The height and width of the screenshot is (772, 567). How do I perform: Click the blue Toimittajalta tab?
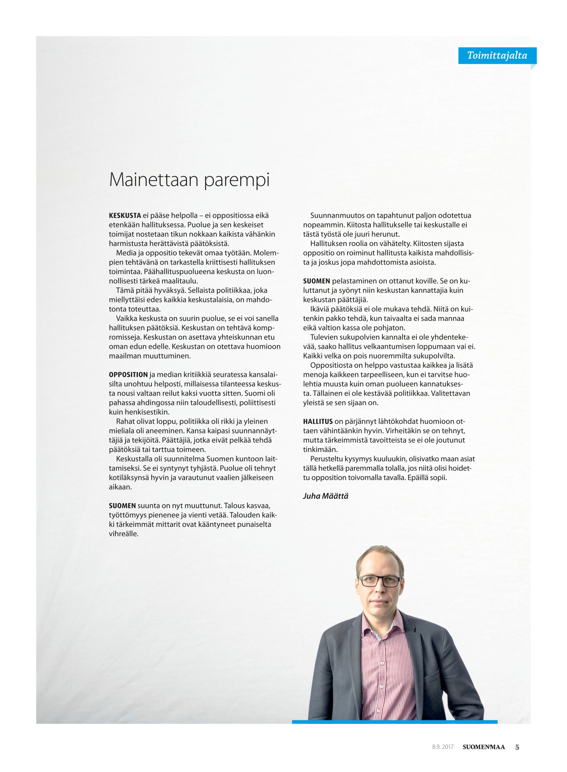point(497,55)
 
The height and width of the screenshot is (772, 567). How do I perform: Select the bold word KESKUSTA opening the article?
point(125,216)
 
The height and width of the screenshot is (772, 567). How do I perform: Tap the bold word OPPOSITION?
point(128,375)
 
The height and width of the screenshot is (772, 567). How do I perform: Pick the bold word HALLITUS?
point(318,422)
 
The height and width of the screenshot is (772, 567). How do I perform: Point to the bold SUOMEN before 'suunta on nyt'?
point(122,506)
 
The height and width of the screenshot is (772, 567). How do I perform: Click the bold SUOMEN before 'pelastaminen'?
point(316,281)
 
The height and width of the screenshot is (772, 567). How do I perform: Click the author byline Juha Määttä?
point(326,496)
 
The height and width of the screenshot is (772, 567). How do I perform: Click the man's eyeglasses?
point(379,581)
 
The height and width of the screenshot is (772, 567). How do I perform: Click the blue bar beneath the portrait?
point(394,722)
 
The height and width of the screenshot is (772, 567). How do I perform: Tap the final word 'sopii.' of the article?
point(438,478)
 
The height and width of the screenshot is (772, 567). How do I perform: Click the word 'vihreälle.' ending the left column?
point(123,534)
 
